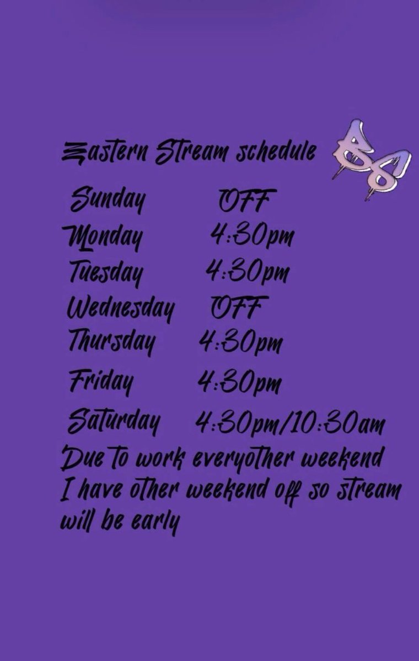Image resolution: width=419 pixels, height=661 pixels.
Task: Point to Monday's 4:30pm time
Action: [251, 236]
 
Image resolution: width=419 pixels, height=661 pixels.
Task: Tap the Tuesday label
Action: [106, 272]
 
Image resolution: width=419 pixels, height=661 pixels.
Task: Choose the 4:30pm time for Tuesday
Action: [248, 271]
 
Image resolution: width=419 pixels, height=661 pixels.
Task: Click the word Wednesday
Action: [120, 307]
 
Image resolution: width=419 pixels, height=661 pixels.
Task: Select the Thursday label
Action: [111, 342]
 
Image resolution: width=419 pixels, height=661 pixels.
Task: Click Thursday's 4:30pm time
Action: [240, 342]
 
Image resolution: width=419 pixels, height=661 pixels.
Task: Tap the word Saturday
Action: [114, 423]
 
